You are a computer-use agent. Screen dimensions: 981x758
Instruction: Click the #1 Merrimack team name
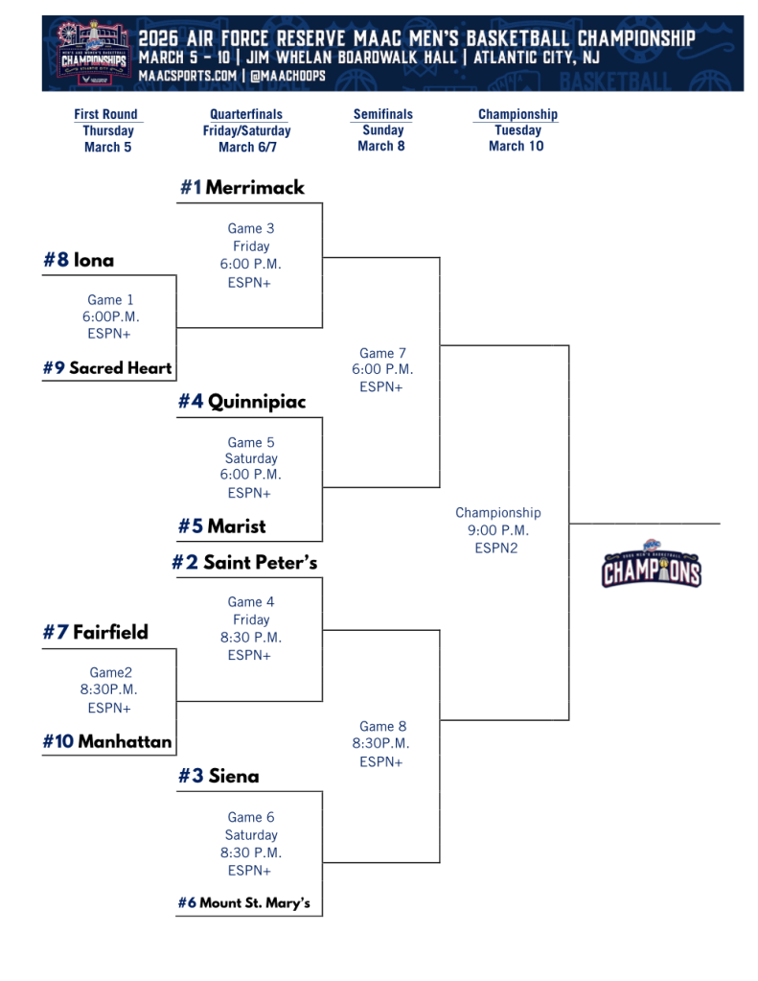coord(242,188)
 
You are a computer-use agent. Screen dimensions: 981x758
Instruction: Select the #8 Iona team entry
coord(79,260)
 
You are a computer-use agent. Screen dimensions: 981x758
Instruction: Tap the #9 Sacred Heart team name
coord(107,367)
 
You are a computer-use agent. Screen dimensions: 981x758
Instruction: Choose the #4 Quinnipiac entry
coord(241,402)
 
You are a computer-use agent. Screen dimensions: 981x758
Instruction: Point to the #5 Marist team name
coord(221,526)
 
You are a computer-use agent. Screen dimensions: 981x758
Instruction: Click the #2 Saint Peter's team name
coord(244,562)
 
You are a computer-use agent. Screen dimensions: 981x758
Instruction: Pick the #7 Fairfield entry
coord(96,632)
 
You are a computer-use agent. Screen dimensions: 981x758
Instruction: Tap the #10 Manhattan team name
coord(107,741)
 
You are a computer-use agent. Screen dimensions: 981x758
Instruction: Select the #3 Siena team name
coord(218,776)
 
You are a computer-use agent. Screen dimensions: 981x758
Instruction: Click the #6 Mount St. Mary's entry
coord(244,902)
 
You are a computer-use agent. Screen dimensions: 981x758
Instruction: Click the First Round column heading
coord(106,114)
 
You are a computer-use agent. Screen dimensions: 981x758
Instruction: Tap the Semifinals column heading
coord(382,114)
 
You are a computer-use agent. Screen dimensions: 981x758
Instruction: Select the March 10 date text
coord(516,146)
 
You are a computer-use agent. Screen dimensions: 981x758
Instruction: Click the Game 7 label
coord(382,353)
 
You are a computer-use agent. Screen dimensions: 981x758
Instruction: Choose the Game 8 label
coord(382,726)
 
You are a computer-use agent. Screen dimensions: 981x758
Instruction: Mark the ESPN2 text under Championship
coord(496,549)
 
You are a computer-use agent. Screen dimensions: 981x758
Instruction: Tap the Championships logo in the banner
coord(92,54)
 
